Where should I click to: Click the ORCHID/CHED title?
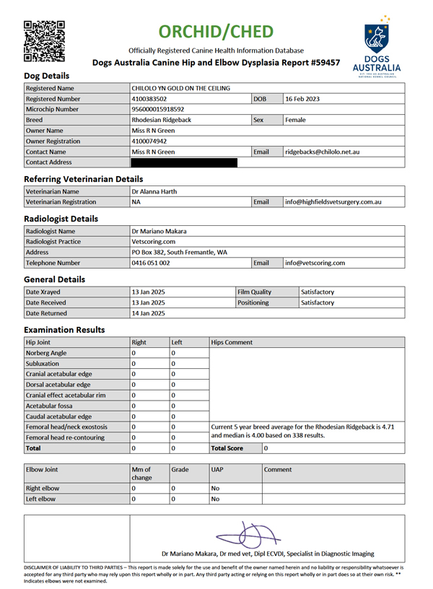(216, 32)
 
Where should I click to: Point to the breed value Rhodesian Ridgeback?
(162, 120)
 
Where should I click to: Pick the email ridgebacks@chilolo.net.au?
(323, 152)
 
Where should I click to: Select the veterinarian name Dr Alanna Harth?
(154, 191)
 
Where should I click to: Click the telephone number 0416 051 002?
(151, 263)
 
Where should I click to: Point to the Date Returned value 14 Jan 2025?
(149, 314)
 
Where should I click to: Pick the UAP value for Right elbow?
(214, 488)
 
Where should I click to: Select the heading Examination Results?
(65, 329)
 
